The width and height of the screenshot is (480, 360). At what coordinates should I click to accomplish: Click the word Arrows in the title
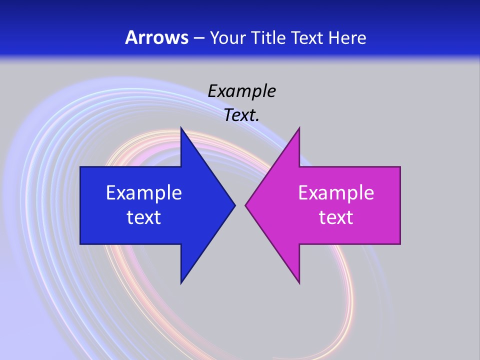point(156,37)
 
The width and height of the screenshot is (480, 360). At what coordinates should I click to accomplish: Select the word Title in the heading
point(268,37)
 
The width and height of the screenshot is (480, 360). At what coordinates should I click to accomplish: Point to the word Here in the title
point(348,37)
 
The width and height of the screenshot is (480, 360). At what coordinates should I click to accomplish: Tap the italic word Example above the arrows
point(241,91)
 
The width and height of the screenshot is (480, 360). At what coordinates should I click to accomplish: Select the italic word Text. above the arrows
point(241,115)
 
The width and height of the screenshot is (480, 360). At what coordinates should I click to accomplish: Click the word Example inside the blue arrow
point(144,192)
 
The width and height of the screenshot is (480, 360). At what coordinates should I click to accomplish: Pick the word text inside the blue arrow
point(144,217)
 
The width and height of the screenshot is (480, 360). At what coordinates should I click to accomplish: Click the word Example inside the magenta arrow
point(336,192)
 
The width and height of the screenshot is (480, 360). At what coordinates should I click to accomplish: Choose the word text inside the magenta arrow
point(336,217)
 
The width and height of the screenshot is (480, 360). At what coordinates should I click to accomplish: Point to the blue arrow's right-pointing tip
point(234,205)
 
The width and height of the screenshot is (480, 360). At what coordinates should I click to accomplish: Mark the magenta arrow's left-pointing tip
point(245,205)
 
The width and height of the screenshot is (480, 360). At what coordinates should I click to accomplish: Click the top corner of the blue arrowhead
point(181,128)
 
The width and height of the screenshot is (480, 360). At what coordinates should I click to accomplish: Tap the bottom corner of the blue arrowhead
point(181,283)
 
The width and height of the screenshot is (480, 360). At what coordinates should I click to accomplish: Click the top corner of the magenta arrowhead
point(299,128)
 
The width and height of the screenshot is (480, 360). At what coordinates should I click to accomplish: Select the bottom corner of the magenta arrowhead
point(299,283)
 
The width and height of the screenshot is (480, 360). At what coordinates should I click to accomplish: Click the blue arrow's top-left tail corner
point(80,167)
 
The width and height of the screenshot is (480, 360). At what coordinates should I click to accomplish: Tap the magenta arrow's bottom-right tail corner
point(400,243)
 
